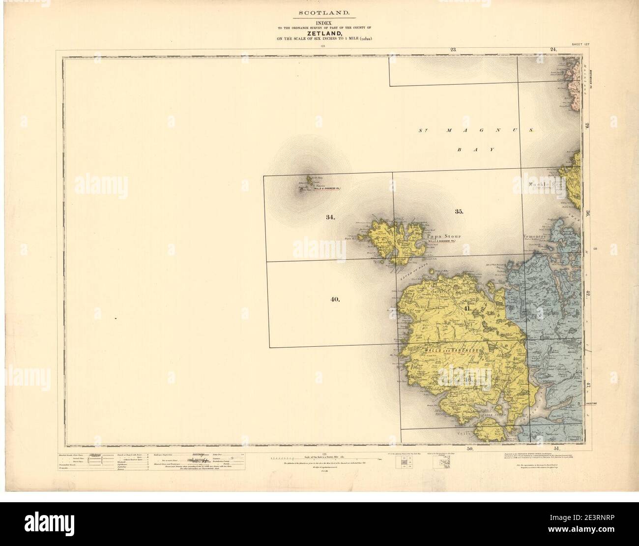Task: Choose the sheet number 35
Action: click(459, 212)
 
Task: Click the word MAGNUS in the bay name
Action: click(484, 131)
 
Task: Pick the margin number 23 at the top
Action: click(453, 49)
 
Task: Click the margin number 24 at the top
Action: click(552, 49)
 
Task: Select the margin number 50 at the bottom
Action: click(469, 449)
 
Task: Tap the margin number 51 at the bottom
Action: click(556, 449)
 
